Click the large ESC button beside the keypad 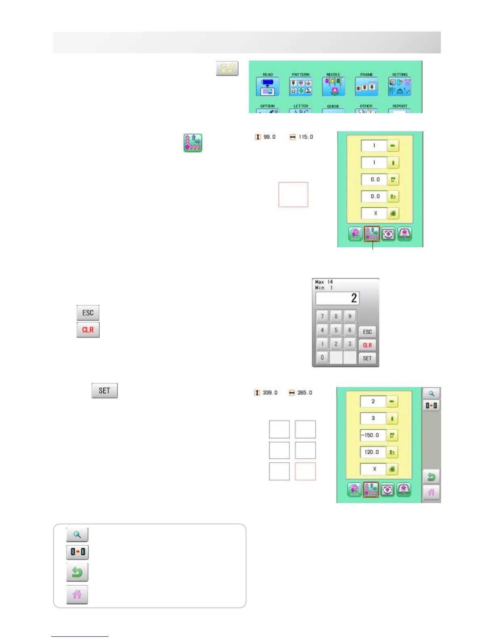point(88,313)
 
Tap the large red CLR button point(88,330)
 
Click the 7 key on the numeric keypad point(322,316)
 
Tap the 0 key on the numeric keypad point(322,358)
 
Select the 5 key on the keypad point(336,330)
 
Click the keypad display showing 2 point(337,299)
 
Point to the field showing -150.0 point(373,435)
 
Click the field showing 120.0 point(373,452)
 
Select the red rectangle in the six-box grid point(305,472)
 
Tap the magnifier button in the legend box point(77,535)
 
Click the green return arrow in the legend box point(77,573)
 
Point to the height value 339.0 point(270,393)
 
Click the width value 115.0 point(306,137)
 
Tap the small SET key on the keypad point(367,358)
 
